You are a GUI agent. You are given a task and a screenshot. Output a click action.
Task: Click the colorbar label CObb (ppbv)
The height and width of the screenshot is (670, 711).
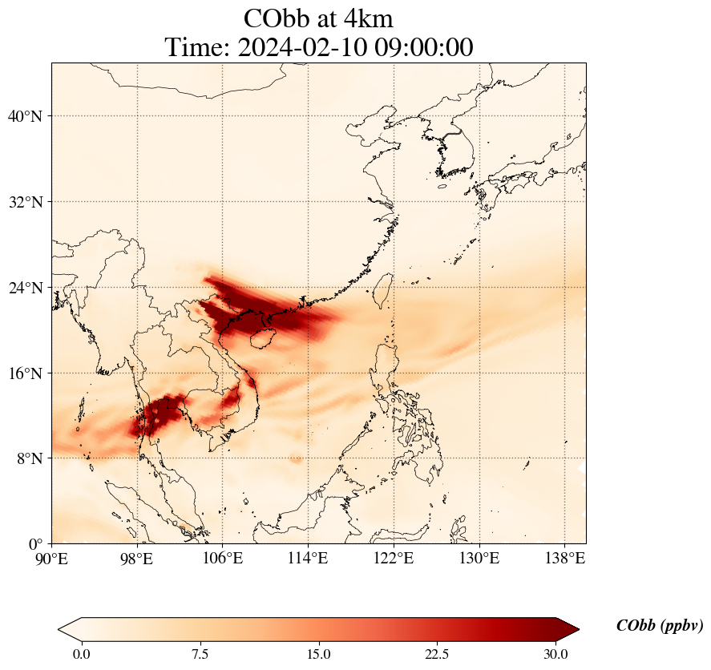[x=660, y=626]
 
